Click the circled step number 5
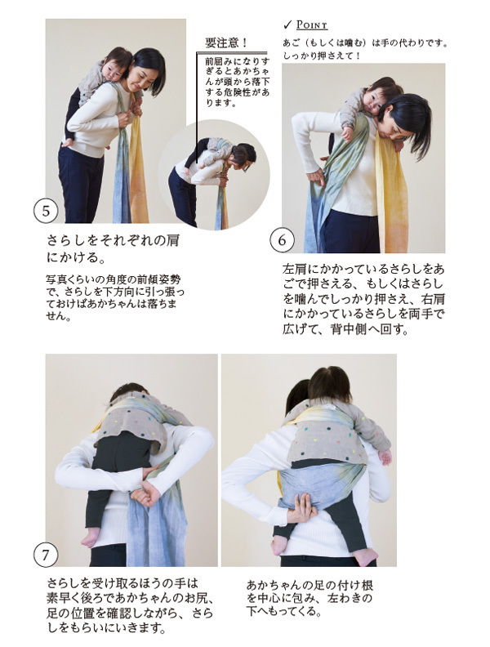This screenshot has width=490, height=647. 46,211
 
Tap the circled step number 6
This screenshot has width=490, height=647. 282,240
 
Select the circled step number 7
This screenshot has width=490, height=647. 46,555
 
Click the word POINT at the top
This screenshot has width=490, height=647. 312,25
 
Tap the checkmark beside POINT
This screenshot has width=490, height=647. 287,25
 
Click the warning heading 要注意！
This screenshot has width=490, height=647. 226,42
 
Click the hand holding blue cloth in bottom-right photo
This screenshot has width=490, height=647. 302,508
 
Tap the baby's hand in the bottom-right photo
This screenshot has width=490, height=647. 385,457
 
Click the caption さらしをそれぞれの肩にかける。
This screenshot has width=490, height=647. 113,249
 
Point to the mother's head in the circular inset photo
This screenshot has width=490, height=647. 243,155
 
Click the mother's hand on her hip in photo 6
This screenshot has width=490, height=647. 317,177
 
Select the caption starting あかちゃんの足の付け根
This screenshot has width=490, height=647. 310,598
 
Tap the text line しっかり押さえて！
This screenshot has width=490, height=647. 322,56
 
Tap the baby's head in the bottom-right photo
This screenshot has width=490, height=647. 330,383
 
